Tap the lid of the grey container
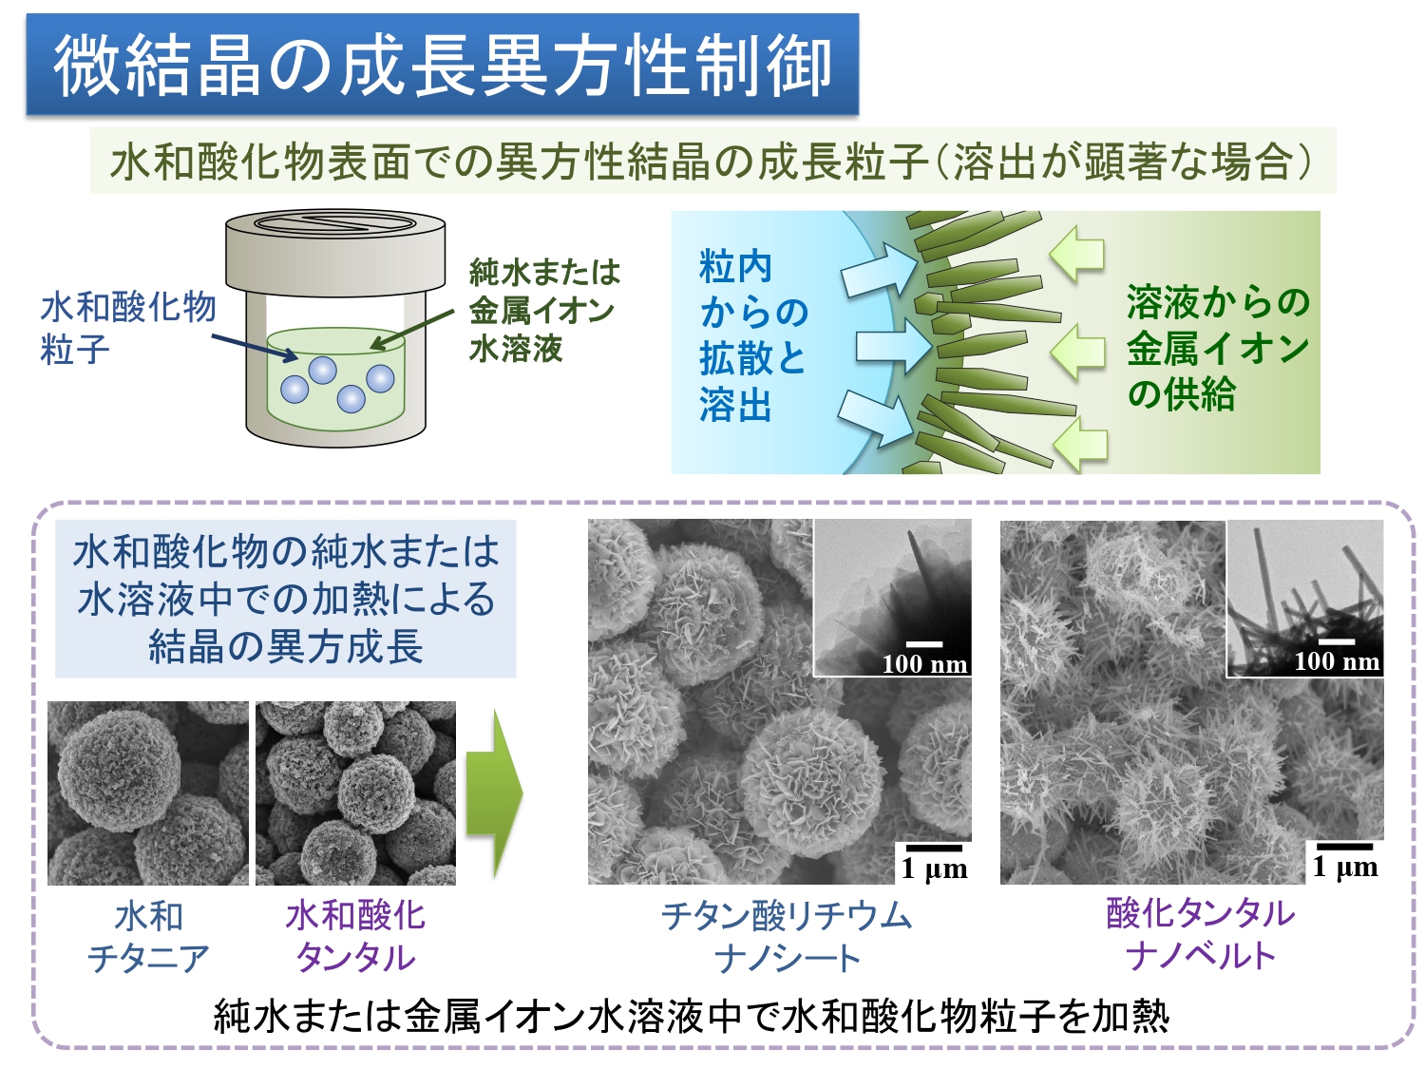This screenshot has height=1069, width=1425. point(335,253)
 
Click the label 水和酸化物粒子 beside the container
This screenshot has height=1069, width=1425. point(128,329)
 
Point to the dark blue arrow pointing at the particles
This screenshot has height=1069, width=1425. point(255,347)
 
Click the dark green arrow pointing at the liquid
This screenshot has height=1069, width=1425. point(411,330)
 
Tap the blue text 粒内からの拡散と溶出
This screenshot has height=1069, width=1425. point(753,336)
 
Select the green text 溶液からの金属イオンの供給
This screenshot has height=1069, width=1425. point(1218,348)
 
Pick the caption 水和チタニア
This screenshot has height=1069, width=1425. point(148,937)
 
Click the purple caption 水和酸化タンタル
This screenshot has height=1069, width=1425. point(355,936)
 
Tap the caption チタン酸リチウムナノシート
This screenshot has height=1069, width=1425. point(787,937)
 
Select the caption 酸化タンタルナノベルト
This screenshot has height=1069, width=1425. point(1201,935)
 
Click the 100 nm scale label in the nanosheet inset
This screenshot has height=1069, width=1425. point(924,664)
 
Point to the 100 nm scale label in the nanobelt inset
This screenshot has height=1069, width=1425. point(1337,661)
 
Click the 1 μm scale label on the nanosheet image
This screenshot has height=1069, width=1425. point(934,869)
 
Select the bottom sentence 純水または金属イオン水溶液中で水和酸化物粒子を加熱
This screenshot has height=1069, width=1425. point(692,1017)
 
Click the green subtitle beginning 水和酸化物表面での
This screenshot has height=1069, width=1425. point(712,161)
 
